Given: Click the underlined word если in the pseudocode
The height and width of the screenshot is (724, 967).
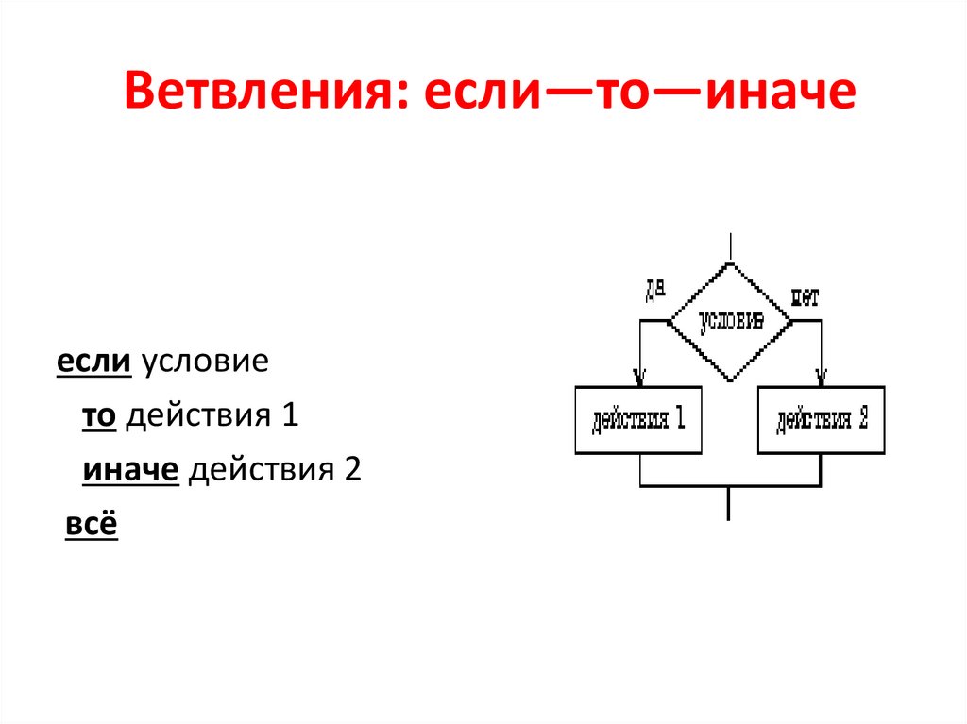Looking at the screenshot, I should coord(94,363).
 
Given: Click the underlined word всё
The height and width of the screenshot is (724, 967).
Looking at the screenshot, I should coord(91,525).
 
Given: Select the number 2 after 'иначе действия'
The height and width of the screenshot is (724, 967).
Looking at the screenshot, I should coord(353,470).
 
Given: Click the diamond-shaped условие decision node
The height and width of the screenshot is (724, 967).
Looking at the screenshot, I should coord(730,321).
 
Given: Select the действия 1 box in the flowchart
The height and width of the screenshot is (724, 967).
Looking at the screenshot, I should coord(638,420).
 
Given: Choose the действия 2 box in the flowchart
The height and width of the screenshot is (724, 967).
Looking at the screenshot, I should coord(822,420).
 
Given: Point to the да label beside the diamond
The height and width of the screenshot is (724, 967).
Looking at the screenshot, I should coord(655,292).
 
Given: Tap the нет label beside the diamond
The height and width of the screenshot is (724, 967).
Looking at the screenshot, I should coord(805,296).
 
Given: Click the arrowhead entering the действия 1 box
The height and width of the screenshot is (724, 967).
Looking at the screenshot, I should coord(639,378).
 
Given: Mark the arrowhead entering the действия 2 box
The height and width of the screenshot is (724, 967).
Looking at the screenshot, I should coord(822,378).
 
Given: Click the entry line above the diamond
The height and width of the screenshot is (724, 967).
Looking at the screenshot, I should coord(730,247).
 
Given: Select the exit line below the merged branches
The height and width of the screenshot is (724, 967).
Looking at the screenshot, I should coord(729,503).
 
